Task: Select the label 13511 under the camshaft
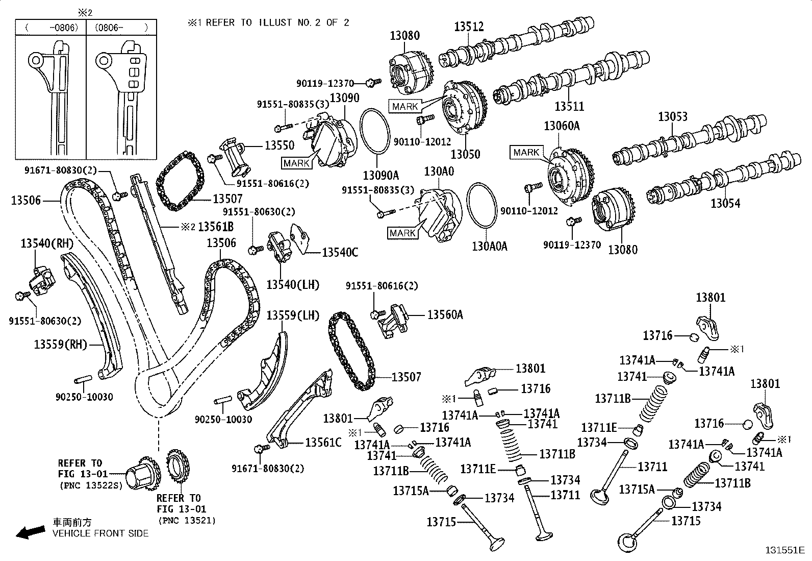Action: pos(569,106)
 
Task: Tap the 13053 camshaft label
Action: pos(672,116)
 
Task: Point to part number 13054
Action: pos(725,204)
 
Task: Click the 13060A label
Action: pos(562,125)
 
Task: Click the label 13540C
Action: pos(340,252)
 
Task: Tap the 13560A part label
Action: pos(445,315)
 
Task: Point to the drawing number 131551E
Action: pos(784,550)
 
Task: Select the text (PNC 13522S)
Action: pos(91,485)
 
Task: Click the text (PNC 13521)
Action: pos(187,520)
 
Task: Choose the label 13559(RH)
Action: pos(61,345)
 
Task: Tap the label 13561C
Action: pos(323,442)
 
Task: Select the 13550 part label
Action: pos(279,145)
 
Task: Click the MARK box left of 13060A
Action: pos(526,152)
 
